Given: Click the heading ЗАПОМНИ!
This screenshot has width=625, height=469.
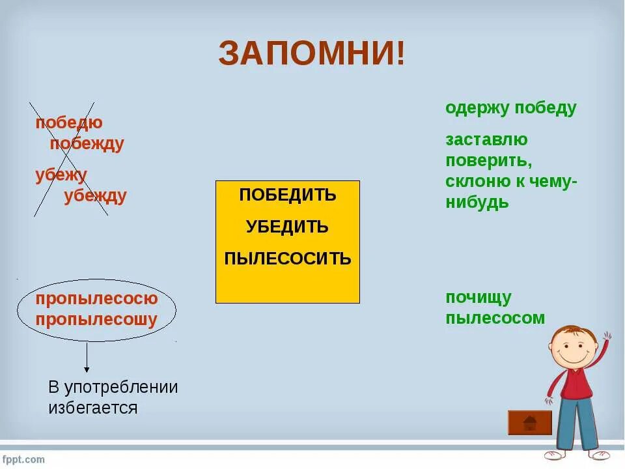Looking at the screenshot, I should click(x=311, y=53).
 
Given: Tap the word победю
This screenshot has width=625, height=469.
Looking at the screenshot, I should click(x=69, y=122).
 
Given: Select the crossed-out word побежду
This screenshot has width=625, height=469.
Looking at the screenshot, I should click(x=87, y=144).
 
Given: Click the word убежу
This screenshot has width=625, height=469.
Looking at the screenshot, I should click(x=61, y=175).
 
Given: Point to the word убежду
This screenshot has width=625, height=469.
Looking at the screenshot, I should click(x=95, y=196).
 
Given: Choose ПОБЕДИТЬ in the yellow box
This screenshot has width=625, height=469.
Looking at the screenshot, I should click(x=287, y=195).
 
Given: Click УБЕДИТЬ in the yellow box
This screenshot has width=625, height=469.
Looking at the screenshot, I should click(x=287, y=227).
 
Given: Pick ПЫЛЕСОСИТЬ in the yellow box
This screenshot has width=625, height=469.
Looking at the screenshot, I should click(x=287, y=259).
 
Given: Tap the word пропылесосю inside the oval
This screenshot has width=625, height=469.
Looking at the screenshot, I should click(x=97, y=299).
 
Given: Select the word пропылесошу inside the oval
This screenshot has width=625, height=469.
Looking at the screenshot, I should click(x=97, y=320).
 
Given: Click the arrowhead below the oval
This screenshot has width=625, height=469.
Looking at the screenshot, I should click(x=87, y=369).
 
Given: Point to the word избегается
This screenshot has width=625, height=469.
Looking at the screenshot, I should click(x=93, y=408).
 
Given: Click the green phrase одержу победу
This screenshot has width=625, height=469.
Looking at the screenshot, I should click(x=511, y=108).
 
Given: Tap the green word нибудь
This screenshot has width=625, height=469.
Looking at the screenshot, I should click(x=477, y=203).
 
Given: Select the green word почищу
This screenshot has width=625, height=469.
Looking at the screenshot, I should click(x=479, y=298).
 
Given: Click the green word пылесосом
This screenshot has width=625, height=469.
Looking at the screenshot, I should click(x=495, y=319).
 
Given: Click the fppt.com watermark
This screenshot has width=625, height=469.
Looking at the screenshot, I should click(x=23, y=459).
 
